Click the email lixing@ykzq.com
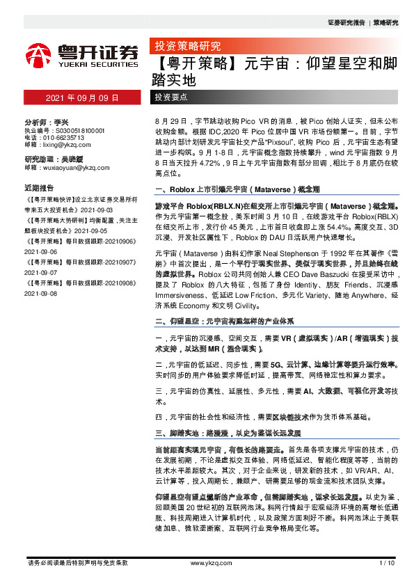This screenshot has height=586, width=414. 58,145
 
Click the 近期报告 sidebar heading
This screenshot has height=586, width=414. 39,187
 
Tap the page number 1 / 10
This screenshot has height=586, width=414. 388,562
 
